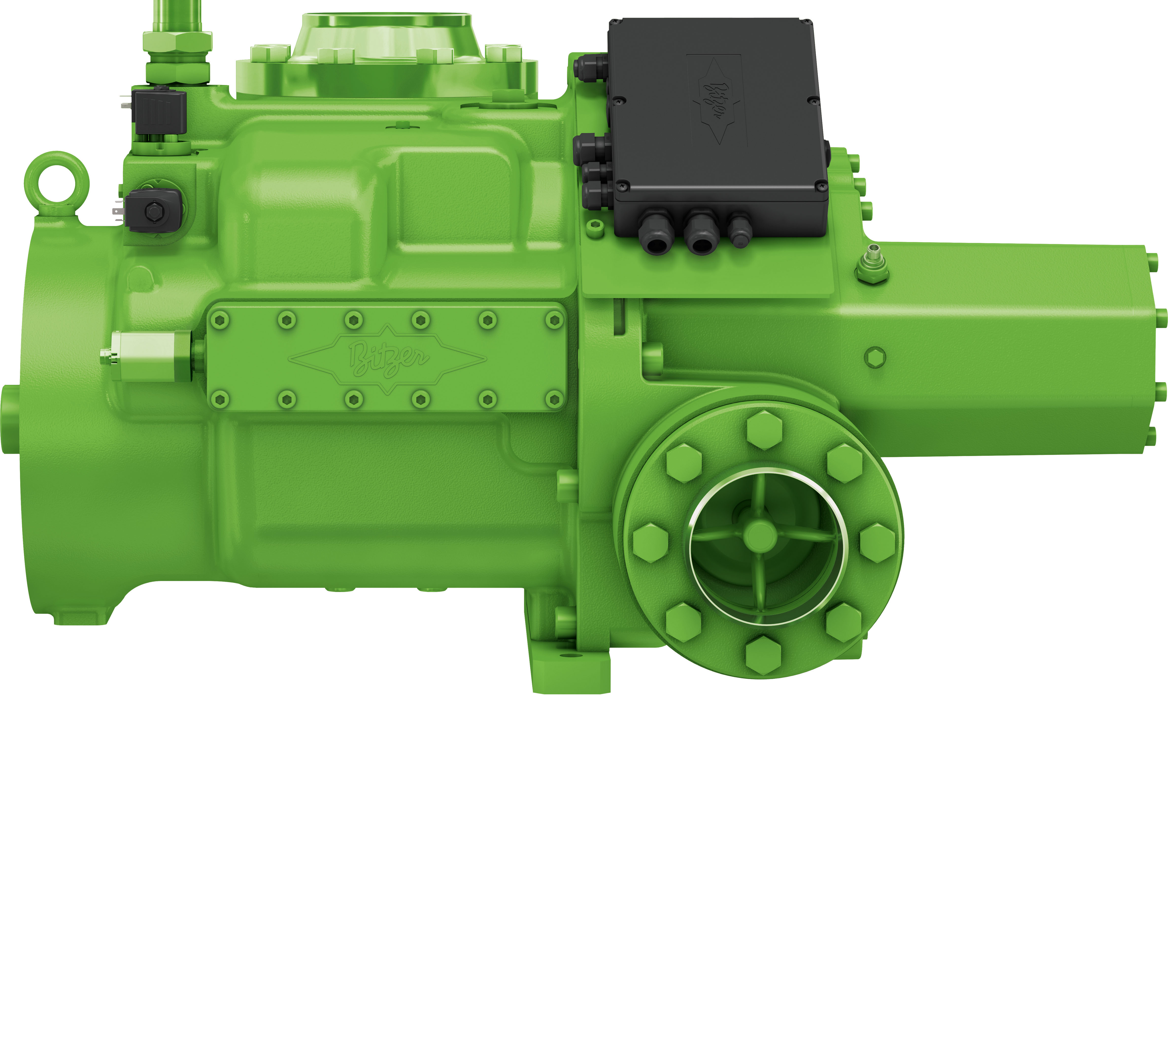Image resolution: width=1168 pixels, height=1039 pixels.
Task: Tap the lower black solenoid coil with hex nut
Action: pyautogui.click(x=153, y=211)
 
